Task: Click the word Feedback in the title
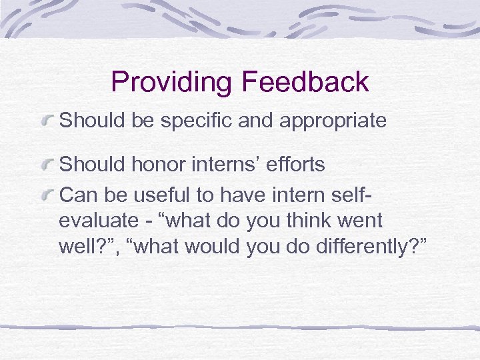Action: click(x=305, y=81)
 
